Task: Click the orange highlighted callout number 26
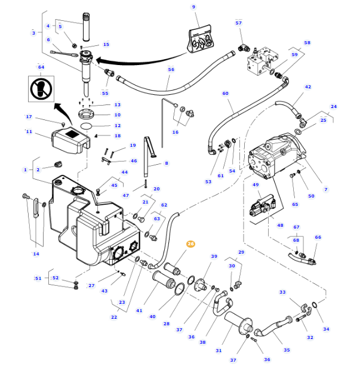[x=190, y=243]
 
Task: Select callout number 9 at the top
[x=193, y=7]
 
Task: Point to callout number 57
[x=239, y=23]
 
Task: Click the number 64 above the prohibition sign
[x=41, y=67]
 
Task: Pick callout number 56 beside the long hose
[x=171, y=70]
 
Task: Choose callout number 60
[x=226, y=93]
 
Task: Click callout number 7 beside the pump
[x=326, y=189]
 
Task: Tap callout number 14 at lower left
[x=36, y=254]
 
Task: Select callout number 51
[x=38, y=278]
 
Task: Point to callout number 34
[x=326, y=329]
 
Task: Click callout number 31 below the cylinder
[x=219, y=350]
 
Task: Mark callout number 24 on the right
[x=334, y=107]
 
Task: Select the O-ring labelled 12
[x=87, y=126]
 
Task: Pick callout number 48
[x=280, y=225]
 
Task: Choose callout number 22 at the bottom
[x=114, y=317]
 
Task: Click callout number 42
[x=308, y=87]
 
